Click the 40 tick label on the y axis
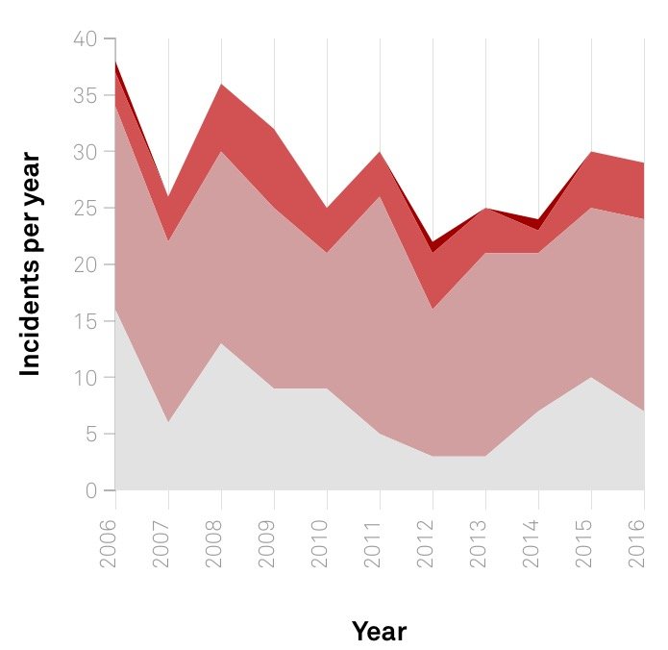(x=86, y=39)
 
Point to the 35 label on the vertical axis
(x=86, y=95)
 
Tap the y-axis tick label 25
(x=86, y=209)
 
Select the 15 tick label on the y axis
(x=87, y=321)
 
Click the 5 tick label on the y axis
(x=91, y=435)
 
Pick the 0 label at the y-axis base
(x=91, y=490)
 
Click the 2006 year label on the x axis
(x=108, y=543)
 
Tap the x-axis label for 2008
(x=214, y=543)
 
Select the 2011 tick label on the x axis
(x=372, y=543)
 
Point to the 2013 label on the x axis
(x=478, y=543)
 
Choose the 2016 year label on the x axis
(x=637, y=543)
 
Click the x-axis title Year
(x=379, y=631)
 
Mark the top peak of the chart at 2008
(x=221, y=84)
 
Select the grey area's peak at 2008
(x=221, y=343)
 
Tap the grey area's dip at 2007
(x=169, y=422)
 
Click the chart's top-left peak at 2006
(x=115, y=62)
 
